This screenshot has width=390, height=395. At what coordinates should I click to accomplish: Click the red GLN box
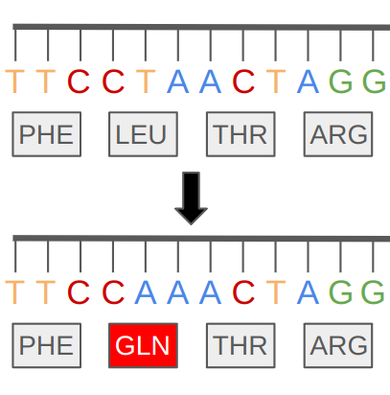coord(143,345)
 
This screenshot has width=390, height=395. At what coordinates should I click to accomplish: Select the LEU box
coord(143,134)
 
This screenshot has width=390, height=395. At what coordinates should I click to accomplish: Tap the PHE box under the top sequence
coord(47,134)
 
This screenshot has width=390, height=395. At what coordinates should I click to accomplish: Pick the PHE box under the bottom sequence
coord(47,345)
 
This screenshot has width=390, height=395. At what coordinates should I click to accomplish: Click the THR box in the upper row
coord(241,134)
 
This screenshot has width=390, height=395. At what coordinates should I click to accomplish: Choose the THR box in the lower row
coord(241,345)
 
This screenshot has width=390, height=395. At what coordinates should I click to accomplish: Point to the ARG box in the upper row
coord(338,134)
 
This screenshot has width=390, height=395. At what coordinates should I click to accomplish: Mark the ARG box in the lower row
coord(338,345)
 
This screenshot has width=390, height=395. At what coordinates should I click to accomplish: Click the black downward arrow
coord(191,198)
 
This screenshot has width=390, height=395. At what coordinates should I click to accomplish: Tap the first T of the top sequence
coord(14,81)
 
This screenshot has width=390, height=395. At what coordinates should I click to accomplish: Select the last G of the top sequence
coord(374,81)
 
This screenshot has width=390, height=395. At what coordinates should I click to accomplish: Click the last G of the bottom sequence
coord(373,292)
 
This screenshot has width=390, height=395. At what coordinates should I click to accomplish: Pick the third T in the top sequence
coord(146,81)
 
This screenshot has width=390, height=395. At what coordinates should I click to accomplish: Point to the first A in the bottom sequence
coord(146,292)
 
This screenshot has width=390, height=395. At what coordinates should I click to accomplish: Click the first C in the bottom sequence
coord(79,292)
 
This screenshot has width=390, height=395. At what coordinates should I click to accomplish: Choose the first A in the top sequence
coord(178,81)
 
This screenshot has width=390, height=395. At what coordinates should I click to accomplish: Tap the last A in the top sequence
coord(308,81)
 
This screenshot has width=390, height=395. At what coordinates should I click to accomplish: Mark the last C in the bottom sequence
coord(243,292)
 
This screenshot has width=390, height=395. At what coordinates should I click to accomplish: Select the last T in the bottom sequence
coord(276,292)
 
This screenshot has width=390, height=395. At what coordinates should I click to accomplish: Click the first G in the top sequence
coord(341,81)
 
